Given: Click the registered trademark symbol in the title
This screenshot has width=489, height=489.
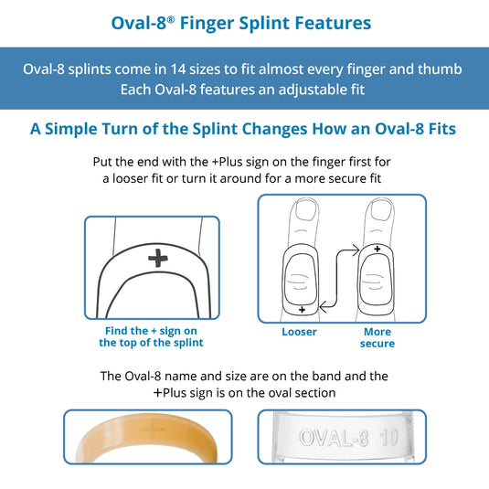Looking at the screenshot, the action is coord(171,19).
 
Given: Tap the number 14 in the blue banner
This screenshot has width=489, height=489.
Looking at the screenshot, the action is coord(178,69).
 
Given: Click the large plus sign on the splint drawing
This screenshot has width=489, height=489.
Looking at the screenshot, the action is coord(158,258).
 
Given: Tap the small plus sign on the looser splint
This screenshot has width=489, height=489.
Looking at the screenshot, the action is coord(302,310).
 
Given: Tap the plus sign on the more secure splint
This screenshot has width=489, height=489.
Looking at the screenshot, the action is coord(377,249).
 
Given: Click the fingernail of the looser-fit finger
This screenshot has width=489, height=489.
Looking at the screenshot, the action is coord(305,210).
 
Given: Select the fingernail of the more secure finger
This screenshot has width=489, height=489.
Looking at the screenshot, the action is coord(380,209).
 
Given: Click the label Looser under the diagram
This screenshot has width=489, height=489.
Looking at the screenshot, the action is coord(300,332).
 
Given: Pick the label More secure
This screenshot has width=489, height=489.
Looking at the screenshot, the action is coord(377,337).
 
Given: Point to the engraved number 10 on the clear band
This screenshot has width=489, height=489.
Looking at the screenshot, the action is coord(388,437).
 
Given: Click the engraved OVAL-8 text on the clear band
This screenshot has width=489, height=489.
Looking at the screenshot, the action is coord(334,437).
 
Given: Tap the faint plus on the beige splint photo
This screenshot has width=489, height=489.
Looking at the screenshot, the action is coord(153,431).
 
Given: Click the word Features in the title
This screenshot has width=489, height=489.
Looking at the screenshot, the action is coord(333,23).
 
